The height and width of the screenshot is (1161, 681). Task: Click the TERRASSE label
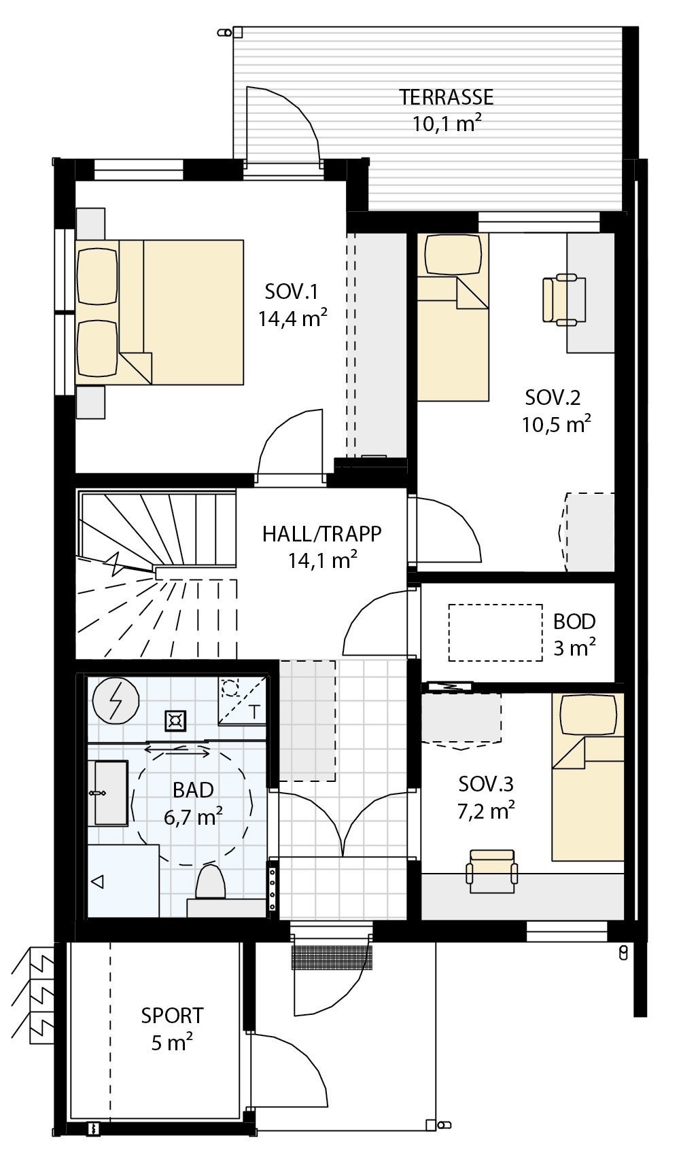pyautogui.click(x=446, y=97)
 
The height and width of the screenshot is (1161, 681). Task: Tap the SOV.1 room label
pyautogui.click(x=292, y=292)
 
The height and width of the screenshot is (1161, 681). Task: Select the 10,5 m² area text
pyautogui.click(x=556, y=425)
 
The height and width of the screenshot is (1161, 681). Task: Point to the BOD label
pyautogui.click(x=574, y=622)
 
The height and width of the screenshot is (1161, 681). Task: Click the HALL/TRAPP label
pyautogui.click(x=322, y=534)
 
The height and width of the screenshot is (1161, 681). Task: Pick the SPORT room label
pyautogui.click(x=172, y=1016)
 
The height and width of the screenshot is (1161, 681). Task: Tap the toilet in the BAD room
pyautogui.click(x=210, y=883)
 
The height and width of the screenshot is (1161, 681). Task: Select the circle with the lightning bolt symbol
pyautogui.click(x=116, y=700)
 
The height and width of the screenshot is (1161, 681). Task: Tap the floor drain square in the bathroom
pyautogui.click(x=176, y=721)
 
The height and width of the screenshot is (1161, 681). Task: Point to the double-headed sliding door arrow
pyautogui.click(x=177, y=751)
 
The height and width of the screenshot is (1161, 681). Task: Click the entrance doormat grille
pyautogui.click(x=333, y=957)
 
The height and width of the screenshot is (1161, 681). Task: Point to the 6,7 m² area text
pyautogui.click(x=194, y=817)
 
